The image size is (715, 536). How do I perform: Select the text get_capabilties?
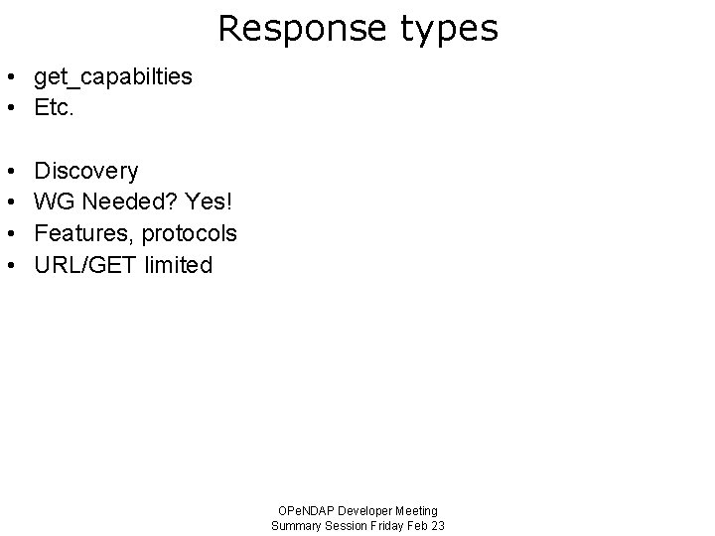pyautogui.click(x=113, y=77)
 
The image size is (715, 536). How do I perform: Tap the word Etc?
pyautogui.click(x=54, y=107)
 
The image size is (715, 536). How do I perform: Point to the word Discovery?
pyautogui.click(x=86, y=172)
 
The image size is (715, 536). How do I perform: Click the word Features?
pyautogui.click(x=85, y=234)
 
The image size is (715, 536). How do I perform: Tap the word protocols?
pyautogui.click(x=189, y=234)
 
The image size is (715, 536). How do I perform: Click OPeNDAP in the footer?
pyautogui.click(x=303, y=511)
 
